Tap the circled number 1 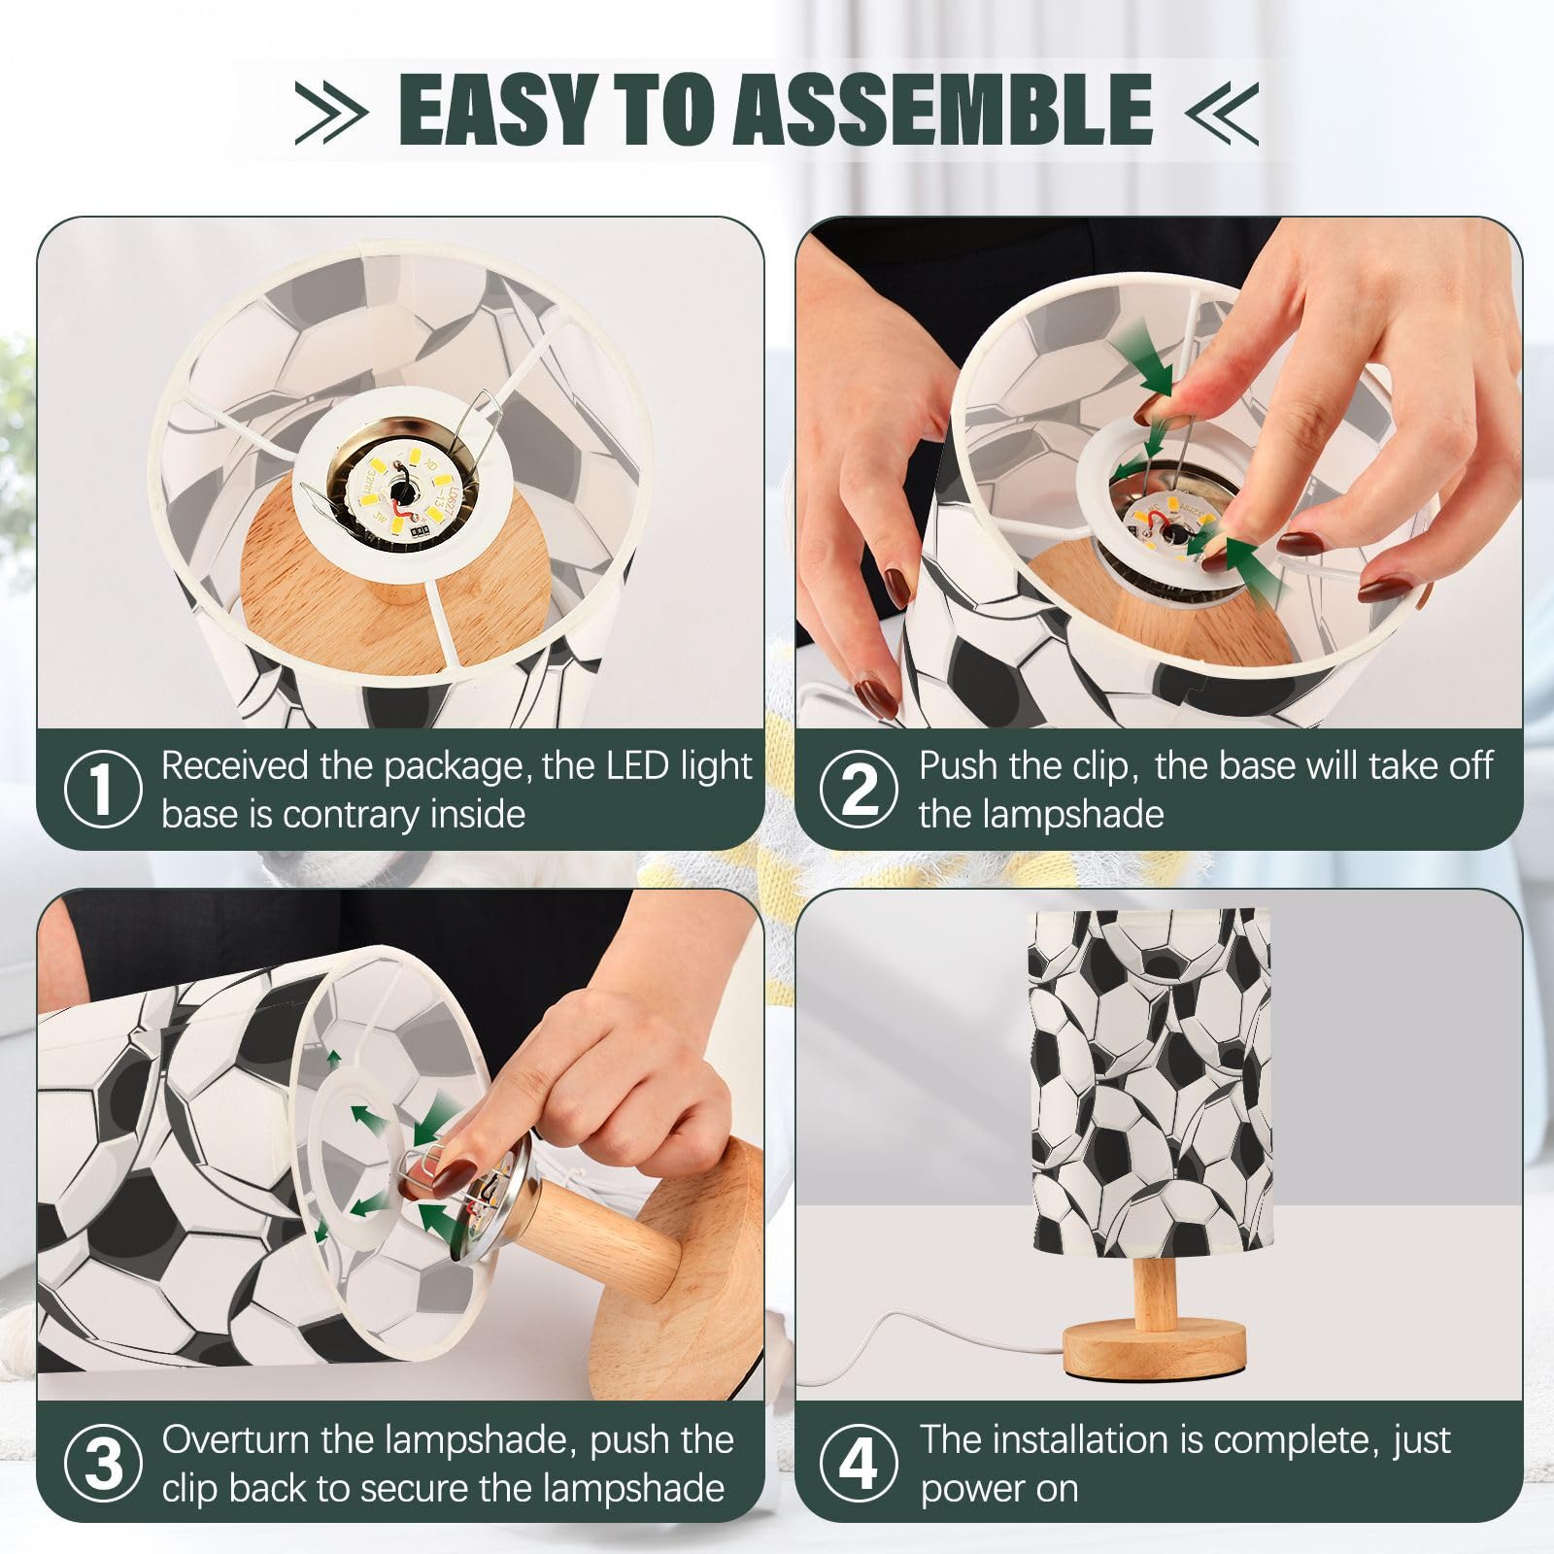tap(102, 789)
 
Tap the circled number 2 tap(859, 789)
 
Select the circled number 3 tap(102, 1463)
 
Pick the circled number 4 tap(859, 1463)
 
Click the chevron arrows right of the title tap(1221, 112)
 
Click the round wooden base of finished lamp tap(1153, 1351)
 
